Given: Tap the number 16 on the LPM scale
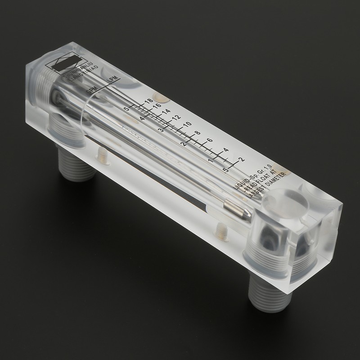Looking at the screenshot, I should click(156, 107).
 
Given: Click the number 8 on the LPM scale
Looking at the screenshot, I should click(197, 133).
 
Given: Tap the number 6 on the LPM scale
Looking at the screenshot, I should click(210, 140).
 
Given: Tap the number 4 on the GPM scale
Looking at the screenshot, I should click(142, 119).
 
